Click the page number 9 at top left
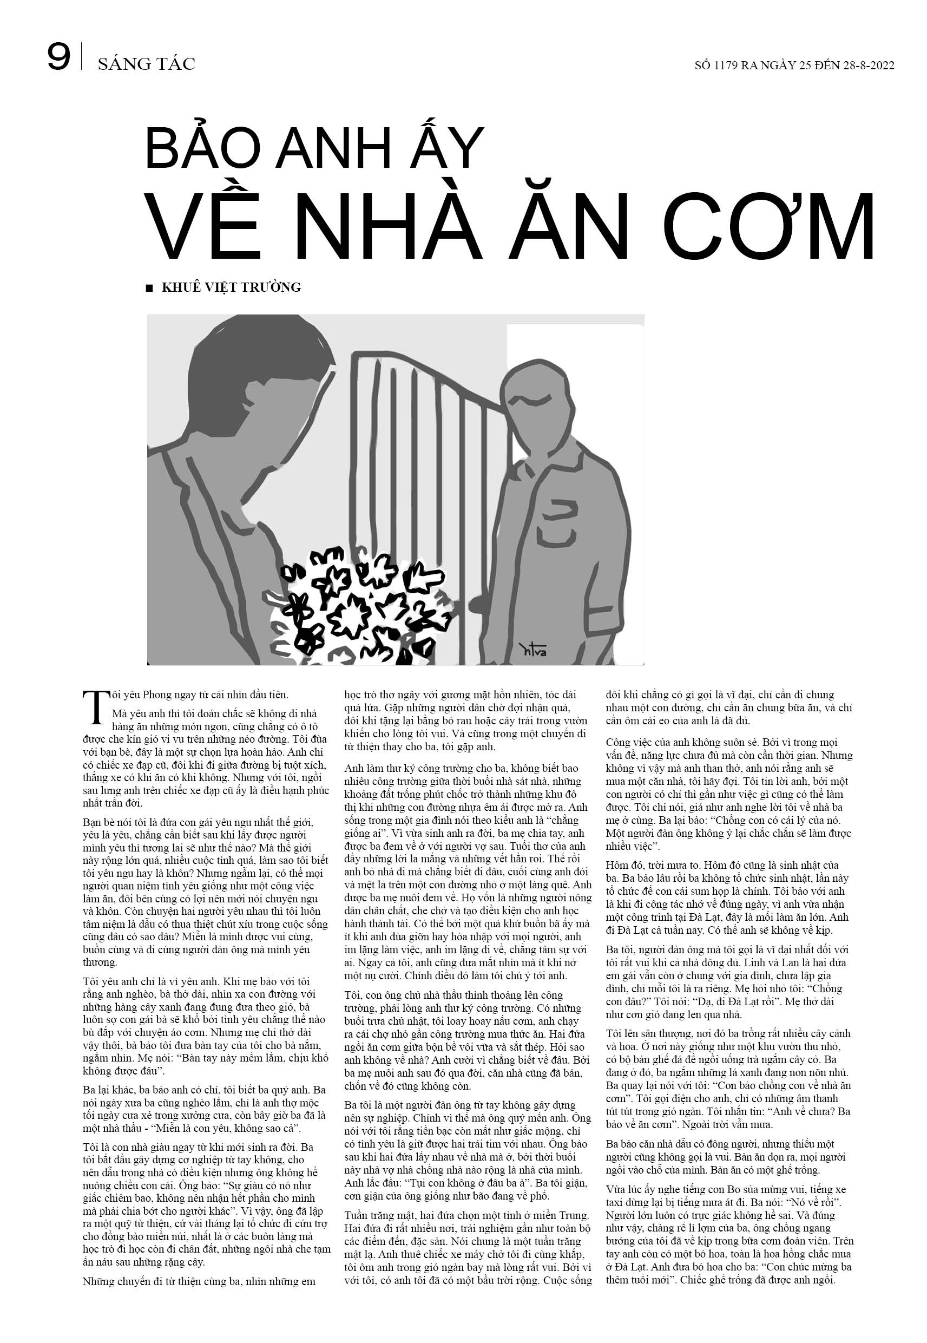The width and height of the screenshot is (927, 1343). point(59,58)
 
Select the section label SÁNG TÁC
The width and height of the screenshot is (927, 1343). point(146,64)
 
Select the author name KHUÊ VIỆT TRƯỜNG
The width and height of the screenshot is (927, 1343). point(231,287)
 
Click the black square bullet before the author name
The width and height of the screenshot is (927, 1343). point(150,287)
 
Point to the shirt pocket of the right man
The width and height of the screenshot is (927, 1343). point(561,514)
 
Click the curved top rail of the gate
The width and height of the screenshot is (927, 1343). point(430,372)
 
